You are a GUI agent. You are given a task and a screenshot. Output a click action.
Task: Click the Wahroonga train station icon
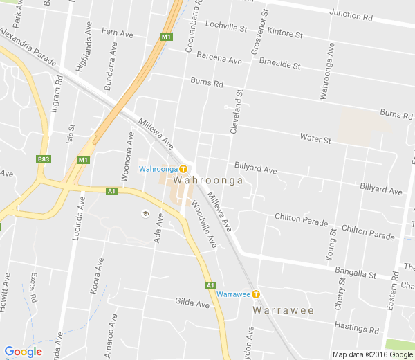coord(183,169)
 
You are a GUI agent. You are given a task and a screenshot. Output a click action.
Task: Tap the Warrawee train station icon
coord(256,294)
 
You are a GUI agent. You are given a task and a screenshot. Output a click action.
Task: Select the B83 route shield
coord(44,159)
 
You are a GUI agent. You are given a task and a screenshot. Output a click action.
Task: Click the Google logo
coord(23,352)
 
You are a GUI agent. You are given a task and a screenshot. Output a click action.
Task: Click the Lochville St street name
coord(225,28)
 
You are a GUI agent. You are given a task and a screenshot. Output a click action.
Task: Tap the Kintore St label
coord(284,33)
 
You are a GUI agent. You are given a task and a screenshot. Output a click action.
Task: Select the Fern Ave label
coord(117,33)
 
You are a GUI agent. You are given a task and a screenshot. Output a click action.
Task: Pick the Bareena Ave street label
coord(219,58)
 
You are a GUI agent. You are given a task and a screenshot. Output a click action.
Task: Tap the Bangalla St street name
coord(354,274)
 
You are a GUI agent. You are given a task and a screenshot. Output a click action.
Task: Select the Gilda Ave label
coord(192,303)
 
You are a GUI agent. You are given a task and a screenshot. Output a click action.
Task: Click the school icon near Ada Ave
coord(145,213)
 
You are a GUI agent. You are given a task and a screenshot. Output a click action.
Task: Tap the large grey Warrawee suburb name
coord(283,310)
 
